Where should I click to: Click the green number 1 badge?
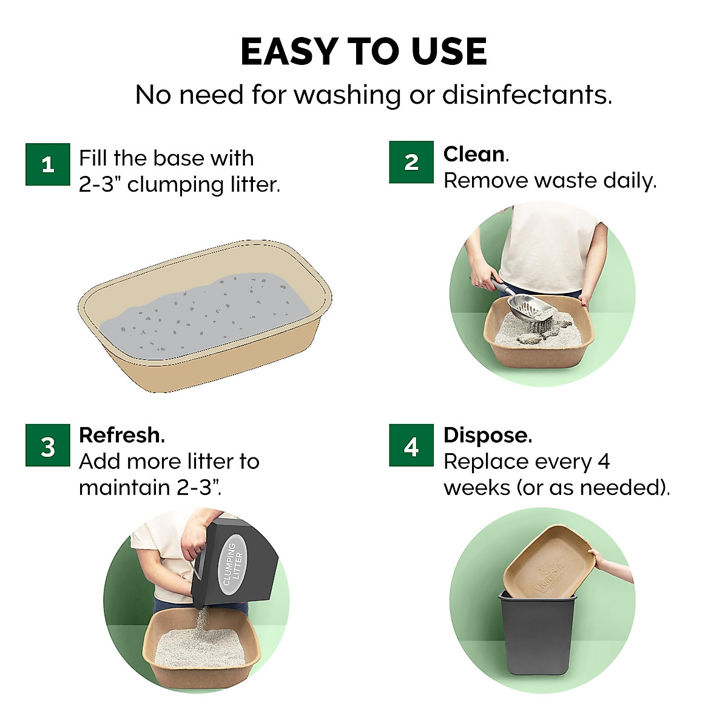pos(48,164)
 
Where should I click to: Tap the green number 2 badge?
pos(411,162)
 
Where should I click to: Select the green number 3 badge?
pos(48,446)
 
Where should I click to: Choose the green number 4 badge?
pos(411,446)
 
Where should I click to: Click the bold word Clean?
pos(474,154)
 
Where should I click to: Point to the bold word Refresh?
pos(121,435)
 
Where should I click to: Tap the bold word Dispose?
pos(487,435)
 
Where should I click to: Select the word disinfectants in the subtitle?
pos(527,95)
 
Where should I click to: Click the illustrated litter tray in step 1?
pos(205,315)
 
